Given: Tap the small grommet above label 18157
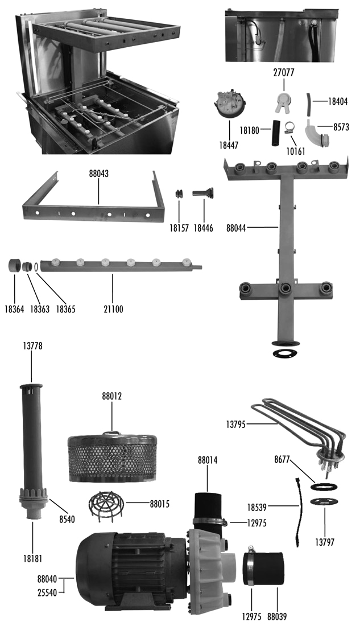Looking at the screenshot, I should tap(179, 193).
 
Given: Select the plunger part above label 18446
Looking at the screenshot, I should tap(203, 193).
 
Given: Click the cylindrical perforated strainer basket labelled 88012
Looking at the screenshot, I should tap(112, 453).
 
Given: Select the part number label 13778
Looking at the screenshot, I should tap(32, 345).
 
